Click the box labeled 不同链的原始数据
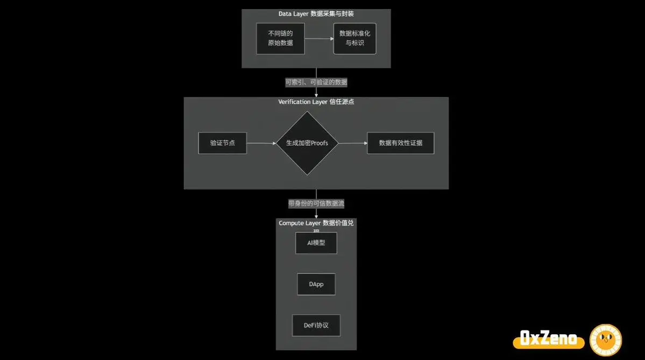[280, 38]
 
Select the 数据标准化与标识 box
[355, 38]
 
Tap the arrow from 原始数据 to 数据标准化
[319, 39]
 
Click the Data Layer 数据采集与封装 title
[316, 13]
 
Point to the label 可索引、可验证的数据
[316, 82]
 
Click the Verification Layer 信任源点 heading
[316, 102]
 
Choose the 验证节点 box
[222, 143]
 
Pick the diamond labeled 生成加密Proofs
[307, 143]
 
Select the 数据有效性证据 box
[400, 143]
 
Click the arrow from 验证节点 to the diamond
[261, 143]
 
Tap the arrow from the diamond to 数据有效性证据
[352, 143]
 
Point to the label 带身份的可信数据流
[316, 204]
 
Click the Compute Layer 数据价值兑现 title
[316, 223]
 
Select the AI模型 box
[316, 243]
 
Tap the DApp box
[316, 284]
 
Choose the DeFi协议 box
[316, 326]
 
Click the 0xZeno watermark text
[549, 339]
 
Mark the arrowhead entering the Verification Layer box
[316, 95]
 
